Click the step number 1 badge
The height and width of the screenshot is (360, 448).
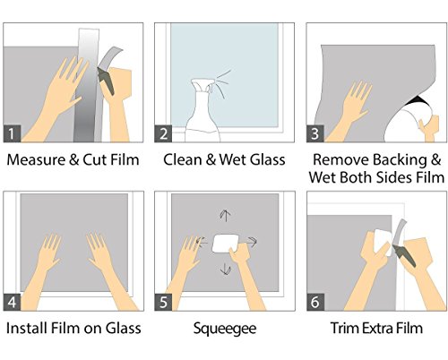coord(12,133)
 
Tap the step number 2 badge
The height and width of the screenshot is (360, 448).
coord(163,133)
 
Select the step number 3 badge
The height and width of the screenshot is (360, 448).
coord(315,133)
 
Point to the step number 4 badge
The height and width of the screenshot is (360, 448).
coord(12,302)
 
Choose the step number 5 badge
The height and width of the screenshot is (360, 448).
coord(163,302)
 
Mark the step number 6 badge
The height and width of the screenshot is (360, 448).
coord(315,302)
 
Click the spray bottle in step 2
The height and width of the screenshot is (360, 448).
coord(202,114)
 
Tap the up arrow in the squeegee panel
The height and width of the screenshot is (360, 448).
coord(225,215)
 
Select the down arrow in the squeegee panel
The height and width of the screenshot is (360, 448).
coord(225,269)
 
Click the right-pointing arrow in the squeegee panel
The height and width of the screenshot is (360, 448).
coord(252,241)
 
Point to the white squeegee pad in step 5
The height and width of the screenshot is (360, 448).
coord(225,244)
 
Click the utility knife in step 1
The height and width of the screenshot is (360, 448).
coord(106,80)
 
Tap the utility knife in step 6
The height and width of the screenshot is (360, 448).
coord(405,255)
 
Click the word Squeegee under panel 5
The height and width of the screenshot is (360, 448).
coord(225,329)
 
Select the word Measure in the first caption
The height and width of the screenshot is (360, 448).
coord(36,159)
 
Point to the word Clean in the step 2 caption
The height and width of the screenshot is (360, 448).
coord(183,159)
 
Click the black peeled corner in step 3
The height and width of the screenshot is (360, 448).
coord(418,100)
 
